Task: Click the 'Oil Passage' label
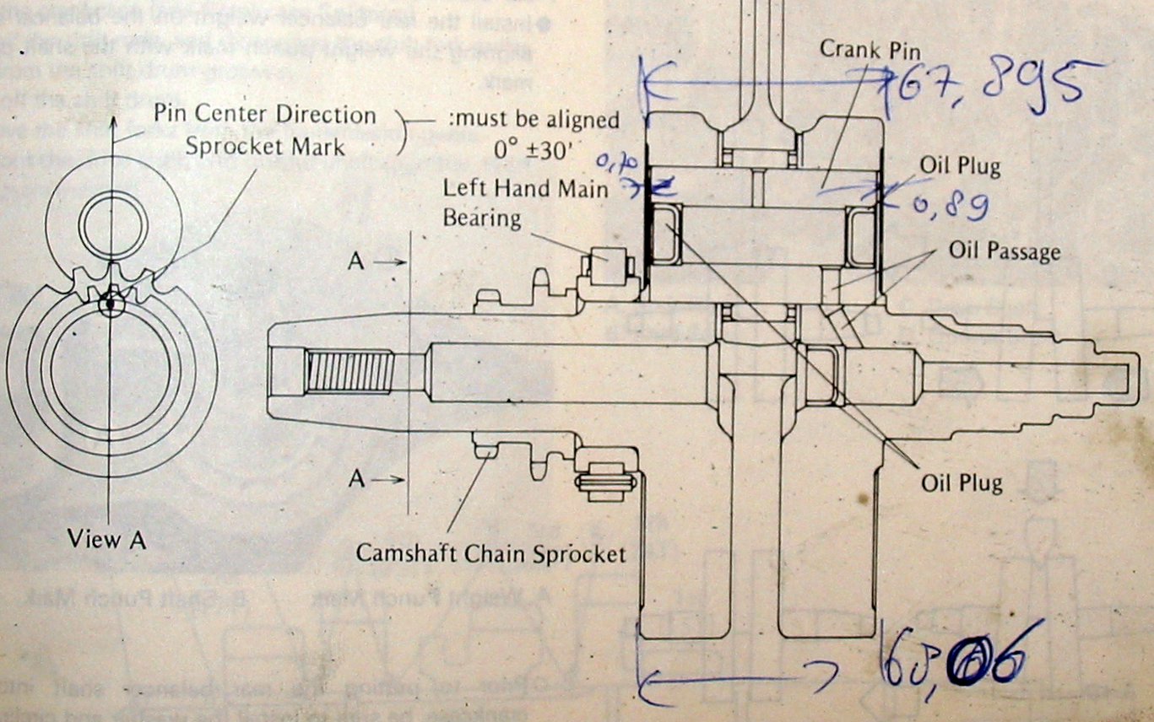coord(1004,251)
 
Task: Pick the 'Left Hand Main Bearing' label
coord(524,202)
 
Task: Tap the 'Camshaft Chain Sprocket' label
coord(490,553)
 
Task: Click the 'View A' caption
coord(107,540)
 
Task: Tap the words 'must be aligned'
coord(534,119)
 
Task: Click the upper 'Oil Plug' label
coord(961,165)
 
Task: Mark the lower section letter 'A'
coord(357,479)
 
